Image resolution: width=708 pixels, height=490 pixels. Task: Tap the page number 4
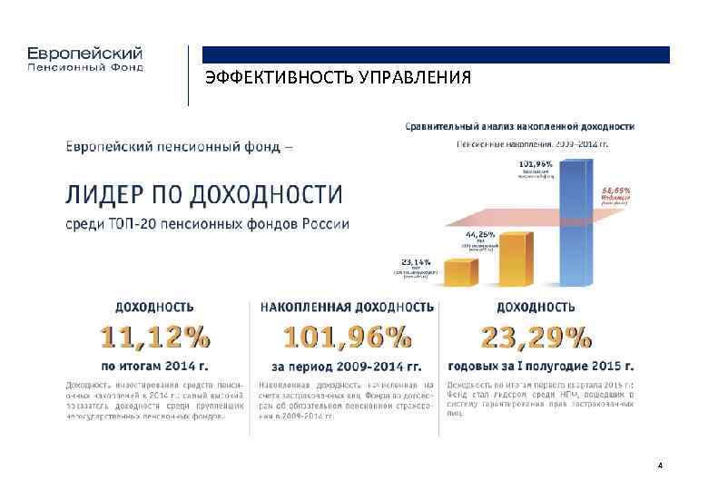[x=660, y=465]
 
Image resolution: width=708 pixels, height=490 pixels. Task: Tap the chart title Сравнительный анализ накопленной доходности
[x=519, y=126]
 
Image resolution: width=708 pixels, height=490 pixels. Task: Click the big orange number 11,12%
[x=154, y=338]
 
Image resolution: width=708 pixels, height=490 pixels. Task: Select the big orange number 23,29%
[x=536, y=338]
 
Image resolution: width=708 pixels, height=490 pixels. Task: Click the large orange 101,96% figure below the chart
[x=346, y=338]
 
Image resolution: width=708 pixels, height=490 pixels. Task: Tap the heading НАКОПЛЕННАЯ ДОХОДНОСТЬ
[x=347, y=308]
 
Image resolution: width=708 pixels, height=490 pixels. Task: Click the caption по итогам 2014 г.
[x=154, y=367]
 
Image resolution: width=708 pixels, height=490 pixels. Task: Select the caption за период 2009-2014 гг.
[x=346, y=367]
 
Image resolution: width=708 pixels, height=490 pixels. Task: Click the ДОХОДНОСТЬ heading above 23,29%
[x=536, y=308]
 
